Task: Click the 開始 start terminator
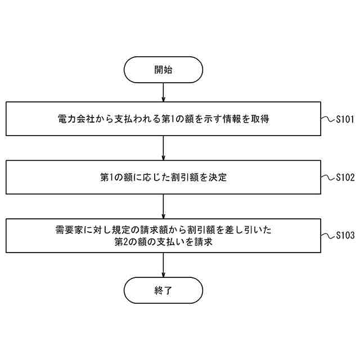(163, 70)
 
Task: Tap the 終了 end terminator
(163, 291)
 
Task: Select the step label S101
(345, 119)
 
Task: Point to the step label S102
(345, 177)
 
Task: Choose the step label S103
(345, 236)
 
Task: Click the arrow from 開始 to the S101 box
(163, 92)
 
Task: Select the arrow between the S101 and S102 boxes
(163, 148)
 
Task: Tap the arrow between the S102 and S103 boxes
(163, 206)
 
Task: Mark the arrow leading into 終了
(163, 265)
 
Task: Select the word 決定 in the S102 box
(218, 177)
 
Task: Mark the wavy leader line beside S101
(328, 119)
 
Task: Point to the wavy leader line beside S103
(328, 236)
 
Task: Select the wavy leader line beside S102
(328, 177)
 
